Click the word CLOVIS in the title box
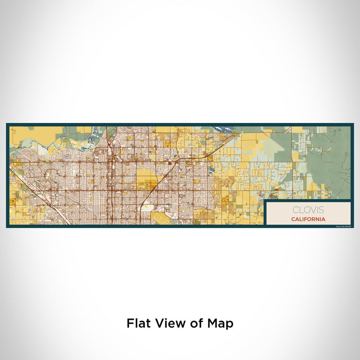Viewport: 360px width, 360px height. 308,210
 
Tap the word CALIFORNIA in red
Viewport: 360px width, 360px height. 308,219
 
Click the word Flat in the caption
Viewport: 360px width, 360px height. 138,323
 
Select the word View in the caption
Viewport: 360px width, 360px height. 168,323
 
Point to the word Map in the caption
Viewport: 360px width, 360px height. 221,324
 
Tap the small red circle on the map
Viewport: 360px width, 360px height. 169,164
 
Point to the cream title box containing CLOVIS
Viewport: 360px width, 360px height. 308,213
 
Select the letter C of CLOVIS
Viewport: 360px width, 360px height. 295,210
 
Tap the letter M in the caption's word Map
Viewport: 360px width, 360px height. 213,323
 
